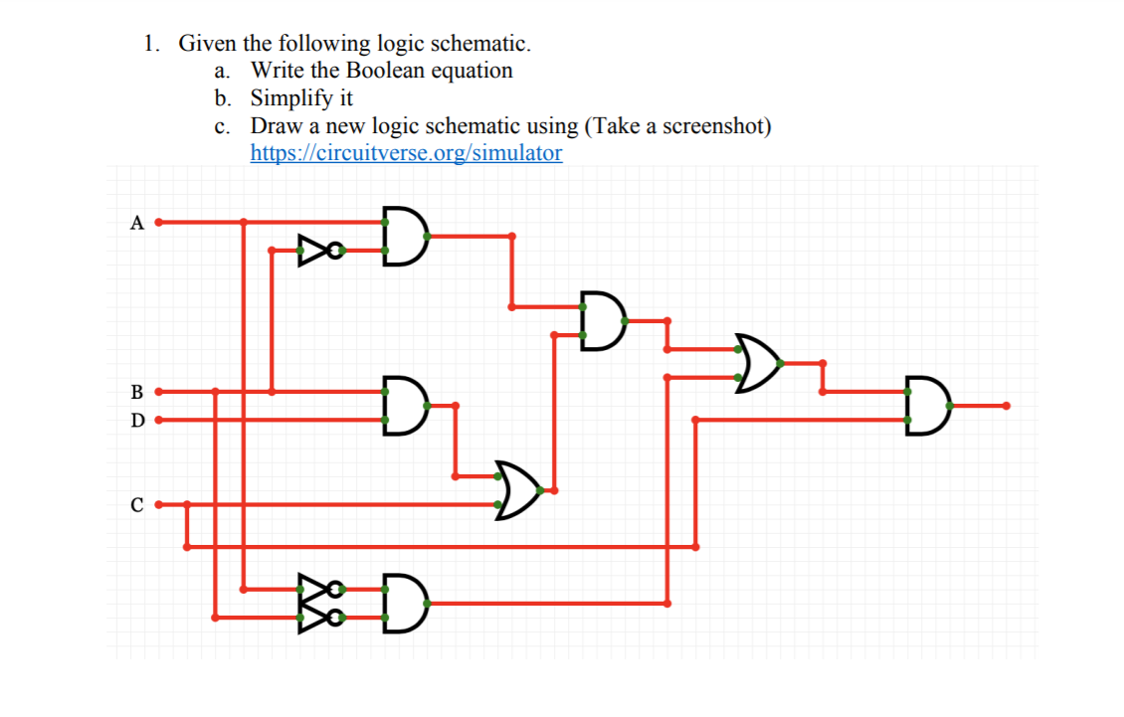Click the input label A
(x=136, y=223)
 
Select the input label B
(x=136, y=392)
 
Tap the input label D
(x=136, y=421)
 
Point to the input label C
(x=136, y=505)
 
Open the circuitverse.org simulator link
(x=406, y=153)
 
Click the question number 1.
(x=150, y=44)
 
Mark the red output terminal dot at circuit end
(x=1007, y=406)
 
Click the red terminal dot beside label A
(x=158, y=222)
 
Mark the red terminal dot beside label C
(x=158, y=505)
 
